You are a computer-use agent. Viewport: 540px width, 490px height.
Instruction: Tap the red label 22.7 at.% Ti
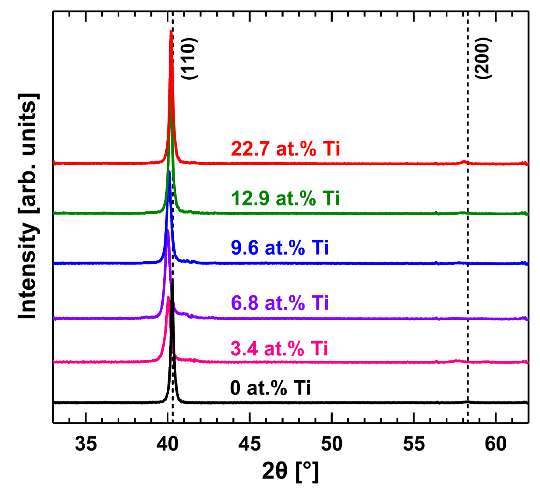[x=286, y=149]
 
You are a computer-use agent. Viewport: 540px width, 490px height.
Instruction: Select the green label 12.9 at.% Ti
[x=286, y=198]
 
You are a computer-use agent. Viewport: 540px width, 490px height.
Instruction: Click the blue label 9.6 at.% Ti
[x=280, y=248]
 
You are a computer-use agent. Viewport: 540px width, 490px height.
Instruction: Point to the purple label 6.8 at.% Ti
[x=280, y=303]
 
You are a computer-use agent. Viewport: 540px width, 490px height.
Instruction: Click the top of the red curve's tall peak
[x=171, y=31]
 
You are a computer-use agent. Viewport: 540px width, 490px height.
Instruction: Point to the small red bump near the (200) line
[x=464, y=161]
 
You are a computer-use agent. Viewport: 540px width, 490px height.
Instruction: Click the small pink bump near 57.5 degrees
[x=457, y=361]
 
